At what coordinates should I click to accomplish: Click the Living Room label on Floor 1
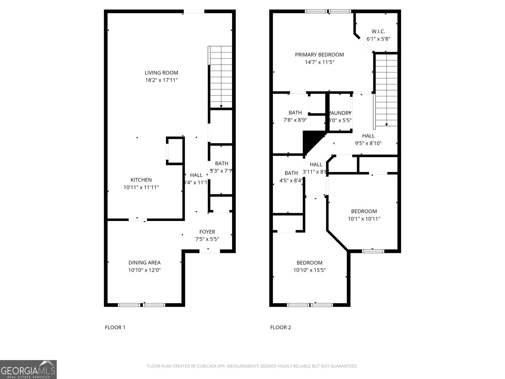coord(161,73)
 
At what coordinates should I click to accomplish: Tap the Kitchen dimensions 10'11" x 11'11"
coord(141,187)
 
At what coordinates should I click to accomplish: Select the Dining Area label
coord(144,262)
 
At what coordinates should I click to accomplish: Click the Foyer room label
coord(207,232)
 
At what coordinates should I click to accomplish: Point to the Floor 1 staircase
coord(221,77)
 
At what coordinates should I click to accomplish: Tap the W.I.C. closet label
coord(378,31)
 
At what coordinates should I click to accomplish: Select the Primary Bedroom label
coord(319,55)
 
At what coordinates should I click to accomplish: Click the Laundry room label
coord(340,113)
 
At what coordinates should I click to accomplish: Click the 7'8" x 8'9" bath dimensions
coord(295,120)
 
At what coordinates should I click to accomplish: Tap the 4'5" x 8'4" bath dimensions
coord(291,181)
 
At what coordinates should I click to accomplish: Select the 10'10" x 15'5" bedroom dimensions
coord(309,270)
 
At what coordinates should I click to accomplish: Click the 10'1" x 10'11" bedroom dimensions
coord(364,219)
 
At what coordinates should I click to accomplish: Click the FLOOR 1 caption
coord(115,327)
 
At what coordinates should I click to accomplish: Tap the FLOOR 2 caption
coord(280,327)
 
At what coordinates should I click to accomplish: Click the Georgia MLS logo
coord(28,369)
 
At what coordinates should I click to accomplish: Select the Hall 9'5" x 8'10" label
coord(368,139)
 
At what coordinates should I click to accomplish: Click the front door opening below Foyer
coord(210,251)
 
